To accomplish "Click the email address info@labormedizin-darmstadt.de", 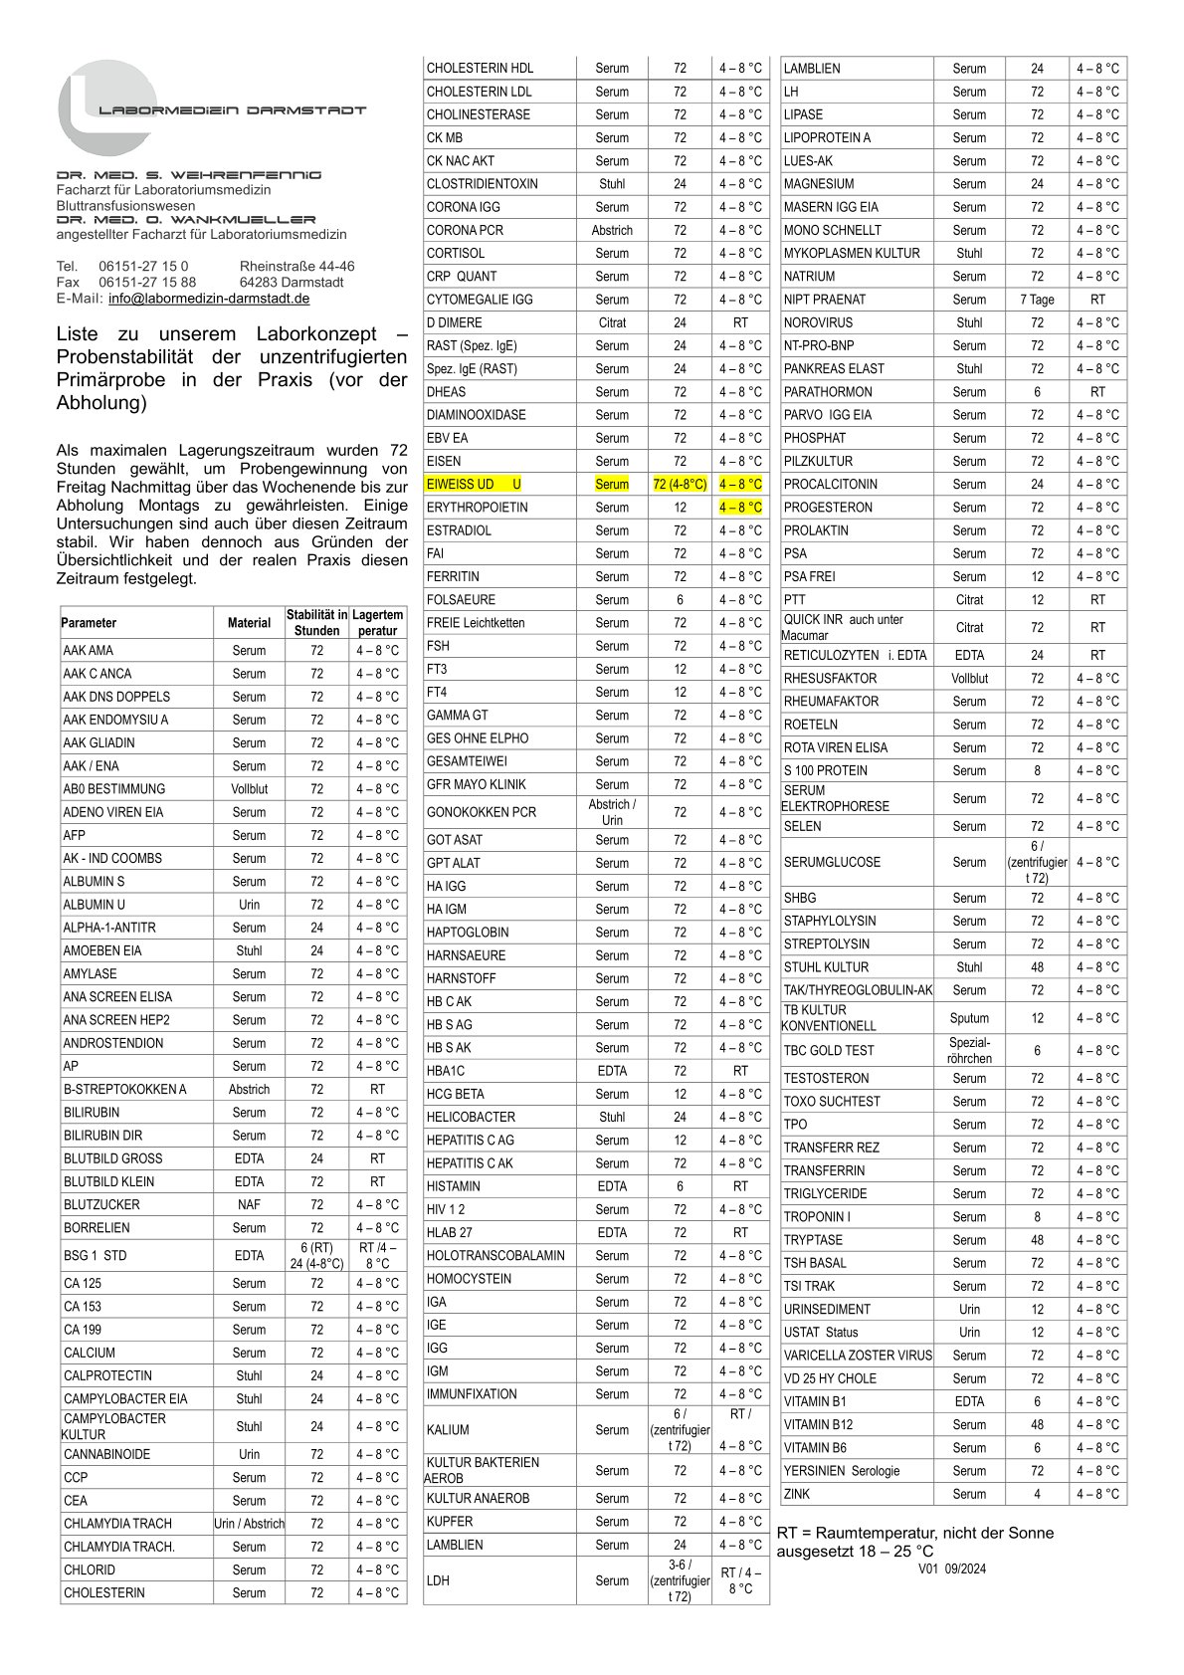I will (209, 299).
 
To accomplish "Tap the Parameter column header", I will (89, 623).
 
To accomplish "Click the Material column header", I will (249, 623).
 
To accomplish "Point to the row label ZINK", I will (796, 1494).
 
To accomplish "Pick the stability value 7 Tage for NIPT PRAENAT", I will (1037, 300).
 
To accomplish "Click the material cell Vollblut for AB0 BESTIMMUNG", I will (249, 789).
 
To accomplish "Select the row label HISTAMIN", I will (454, 1186).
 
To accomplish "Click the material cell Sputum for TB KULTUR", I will (969, 1018).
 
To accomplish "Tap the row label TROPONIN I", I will (817, 1217).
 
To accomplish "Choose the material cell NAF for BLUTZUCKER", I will (249, 1204).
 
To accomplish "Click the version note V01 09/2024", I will (952, 1570).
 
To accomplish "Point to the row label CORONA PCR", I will (465, 230).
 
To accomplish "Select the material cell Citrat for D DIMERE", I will (612, 322).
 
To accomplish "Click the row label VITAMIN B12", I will (818, 1425).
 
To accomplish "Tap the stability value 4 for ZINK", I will (1037, 1494).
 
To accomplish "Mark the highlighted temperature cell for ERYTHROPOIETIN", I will (740, 508).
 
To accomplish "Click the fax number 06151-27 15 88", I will (147, 282).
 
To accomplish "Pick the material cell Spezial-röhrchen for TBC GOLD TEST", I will (969, 1050).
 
